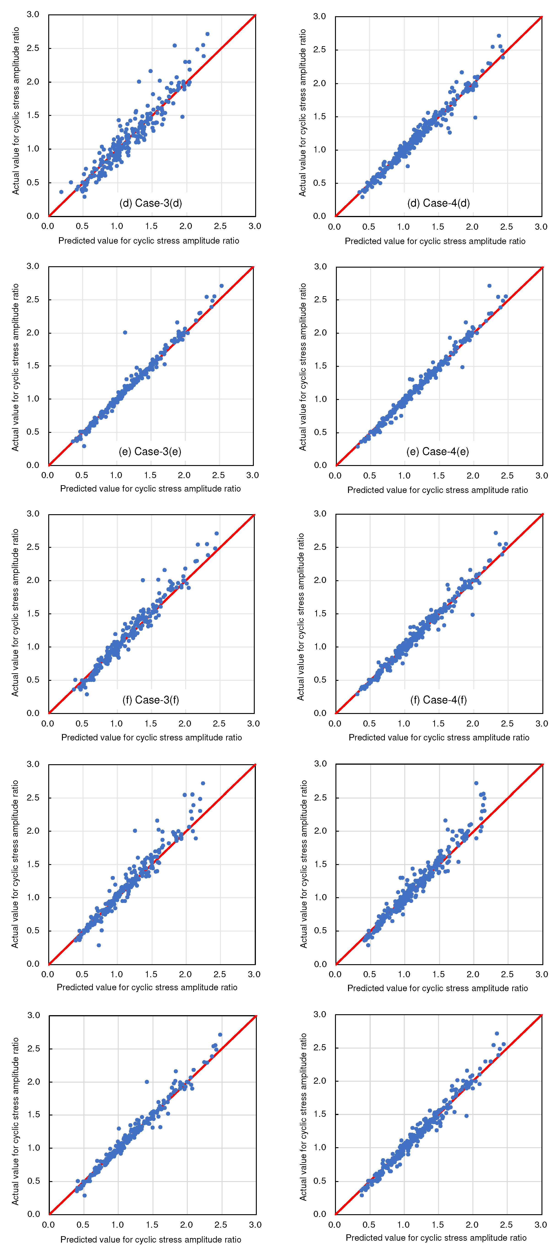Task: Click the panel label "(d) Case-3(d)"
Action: [151, 203]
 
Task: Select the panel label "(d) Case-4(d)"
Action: [438, 203]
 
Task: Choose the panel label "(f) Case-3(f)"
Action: [151, 700]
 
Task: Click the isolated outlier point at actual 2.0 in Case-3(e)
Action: [125, 333]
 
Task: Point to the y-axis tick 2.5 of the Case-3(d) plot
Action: [33, 48]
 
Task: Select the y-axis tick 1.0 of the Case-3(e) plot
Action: [33, 399]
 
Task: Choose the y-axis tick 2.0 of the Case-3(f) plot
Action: [33, 580]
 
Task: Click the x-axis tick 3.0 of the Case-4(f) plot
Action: [541, 724]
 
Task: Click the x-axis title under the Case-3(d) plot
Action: [149, 241]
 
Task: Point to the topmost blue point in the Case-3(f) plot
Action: [217, 533]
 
